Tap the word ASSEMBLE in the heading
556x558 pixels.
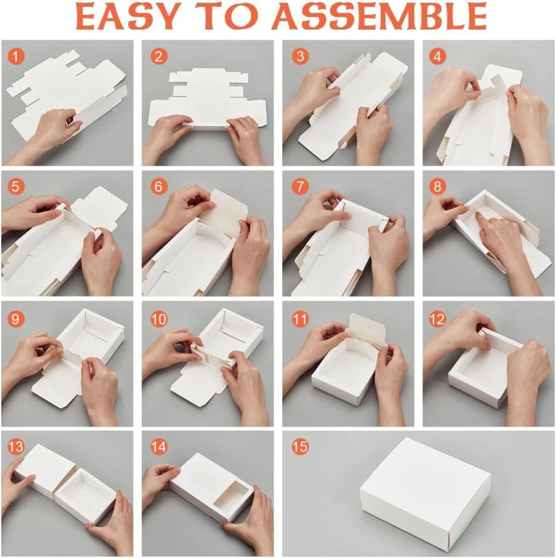tap(379, 17)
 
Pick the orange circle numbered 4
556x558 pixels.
tap(437, 56)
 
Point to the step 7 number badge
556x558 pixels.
tap(300, 187)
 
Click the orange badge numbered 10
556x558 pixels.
tap(159, 318)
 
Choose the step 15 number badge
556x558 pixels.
tap(300, 446)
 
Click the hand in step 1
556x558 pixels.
tap(54, 132)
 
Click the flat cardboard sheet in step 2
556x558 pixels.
tap(208, 102)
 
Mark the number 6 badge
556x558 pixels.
tap(159, 187)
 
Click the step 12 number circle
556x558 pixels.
tap(437, 318)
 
